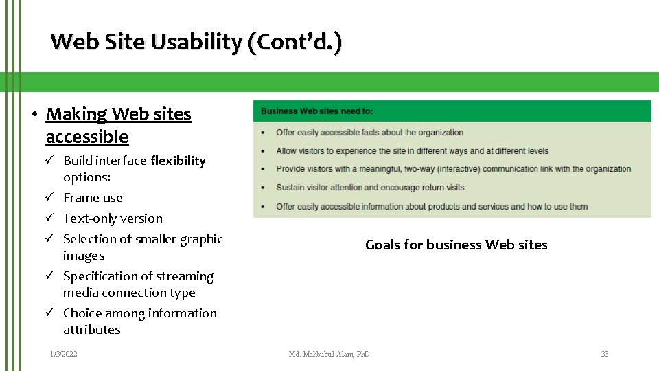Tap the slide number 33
(604, 354)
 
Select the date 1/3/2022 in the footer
(63, 354)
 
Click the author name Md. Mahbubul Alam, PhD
(329, 354)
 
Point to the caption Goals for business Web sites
(456, 245)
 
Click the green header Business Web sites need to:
(317, 111)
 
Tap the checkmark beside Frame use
(50, 198)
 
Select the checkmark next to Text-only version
(50, 218)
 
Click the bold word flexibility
(178, 161)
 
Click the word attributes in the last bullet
(91, 330)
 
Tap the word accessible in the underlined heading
(86, 137)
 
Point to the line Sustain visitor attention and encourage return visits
(370, 188)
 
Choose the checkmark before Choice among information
(50, 313)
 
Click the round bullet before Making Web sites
(34, 115)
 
